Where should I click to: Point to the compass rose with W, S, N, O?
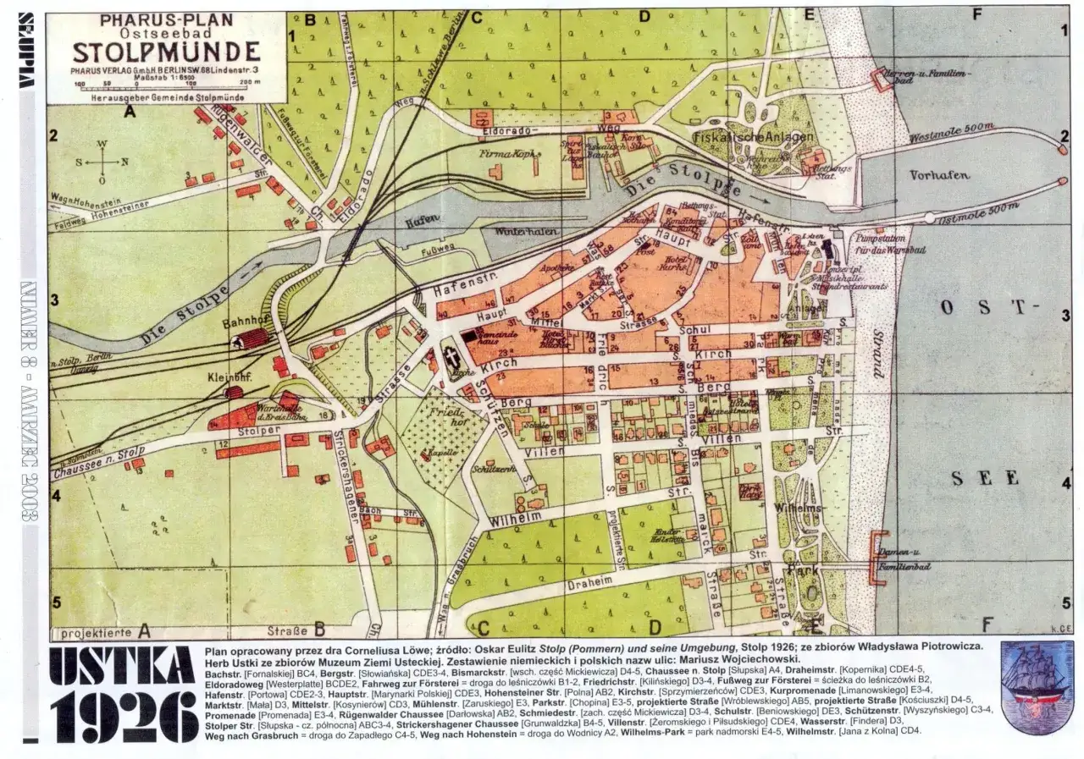click(102, 162)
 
